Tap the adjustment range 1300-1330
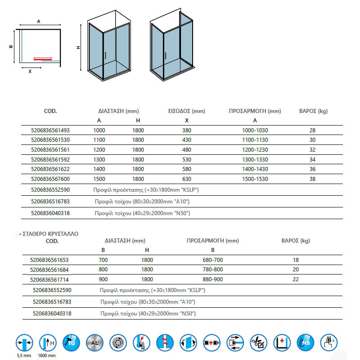(255, 158)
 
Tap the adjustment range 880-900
(213, 279)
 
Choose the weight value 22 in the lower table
(295, 279)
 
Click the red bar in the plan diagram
(43, 58)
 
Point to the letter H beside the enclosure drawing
(78, 48)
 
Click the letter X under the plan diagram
(30, 71)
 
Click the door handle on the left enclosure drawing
(105, 55)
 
